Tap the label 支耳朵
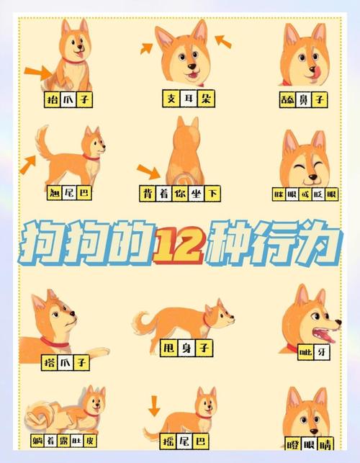pyautogui.click(x=189, y=99)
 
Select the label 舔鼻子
pyautogui.click(x=303, y=99)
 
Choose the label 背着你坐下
pyautogui.click(x=180, y=194)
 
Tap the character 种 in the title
pyautogui.click(x=229, y=243)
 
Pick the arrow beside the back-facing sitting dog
pyautogui.click(x=149, y=171)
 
